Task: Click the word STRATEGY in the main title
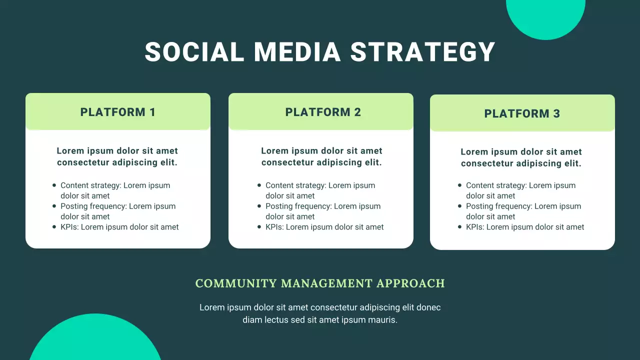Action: click(422, 52)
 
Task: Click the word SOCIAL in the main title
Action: click(194, 52)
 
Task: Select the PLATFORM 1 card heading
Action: click(118, 112)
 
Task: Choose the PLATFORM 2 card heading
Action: click(323, 112)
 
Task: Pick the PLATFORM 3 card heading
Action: click(522, 113)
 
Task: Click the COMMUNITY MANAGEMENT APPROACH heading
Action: click(320, 283)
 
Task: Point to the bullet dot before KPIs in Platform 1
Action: click(54, 227)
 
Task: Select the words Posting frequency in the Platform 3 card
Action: click(496, 206)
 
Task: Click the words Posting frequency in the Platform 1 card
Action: click(91, 206)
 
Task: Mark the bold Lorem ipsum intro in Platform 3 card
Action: click(521, 157)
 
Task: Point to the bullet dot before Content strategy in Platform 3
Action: click(460, 185)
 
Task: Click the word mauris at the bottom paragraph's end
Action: click(383, 320)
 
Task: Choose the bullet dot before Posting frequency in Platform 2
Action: click(259, 206)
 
